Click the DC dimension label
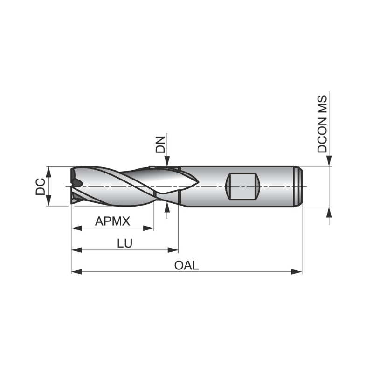[41, 186]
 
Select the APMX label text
[112, 221]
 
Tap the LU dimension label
[124, 243]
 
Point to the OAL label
[186, 265]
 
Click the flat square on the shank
[242, 186]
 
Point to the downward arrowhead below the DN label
[167, 161]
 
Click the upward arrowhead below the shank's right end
[329, 212]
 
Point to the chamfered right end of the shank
[299, 186]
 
